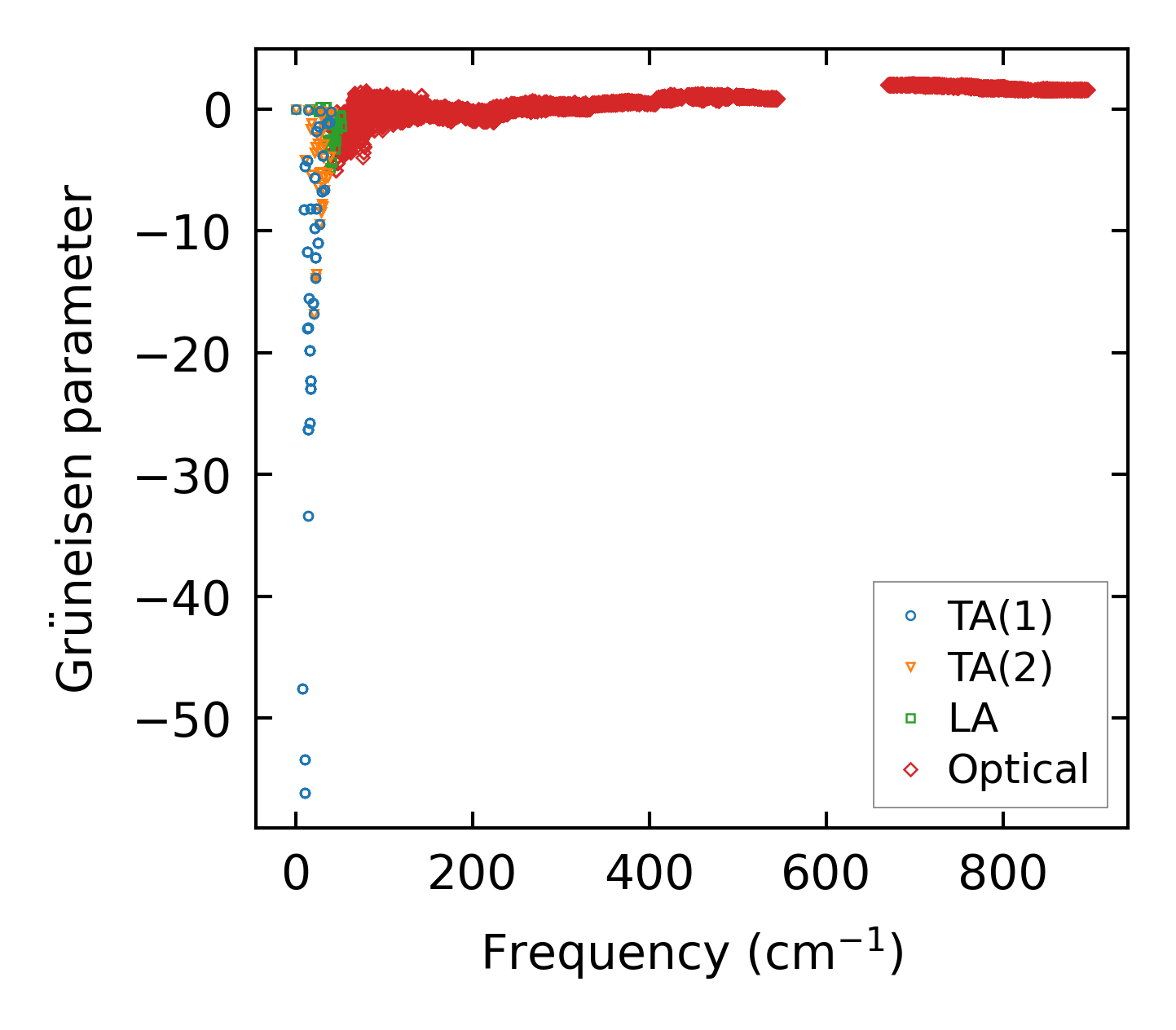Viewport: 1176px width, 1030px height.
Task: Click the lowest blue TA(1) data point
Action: (305, 793)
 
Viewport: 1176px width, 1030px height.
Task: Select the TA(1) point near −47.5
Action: (302, 689)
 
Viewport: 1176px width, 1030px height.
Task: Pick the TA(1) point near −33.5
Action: (308, 516)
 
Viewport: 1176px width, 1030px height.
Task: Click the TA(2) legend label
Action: (999, 667)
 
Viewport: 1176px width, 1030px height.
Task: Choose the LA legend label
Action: (972, 718)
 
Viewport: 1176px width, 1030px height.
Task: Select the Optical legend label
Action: (1018, 769)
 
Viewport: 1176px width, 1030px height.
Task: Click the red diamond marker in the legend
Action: (910, 769)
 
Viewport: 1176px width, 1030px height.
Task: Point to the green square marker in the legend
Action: (910, 718)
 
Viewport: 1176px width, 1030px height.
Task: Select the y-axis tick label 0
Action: (220, 110)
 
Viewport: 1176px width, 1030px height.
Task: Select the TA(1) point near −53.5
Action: (305, 759)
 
